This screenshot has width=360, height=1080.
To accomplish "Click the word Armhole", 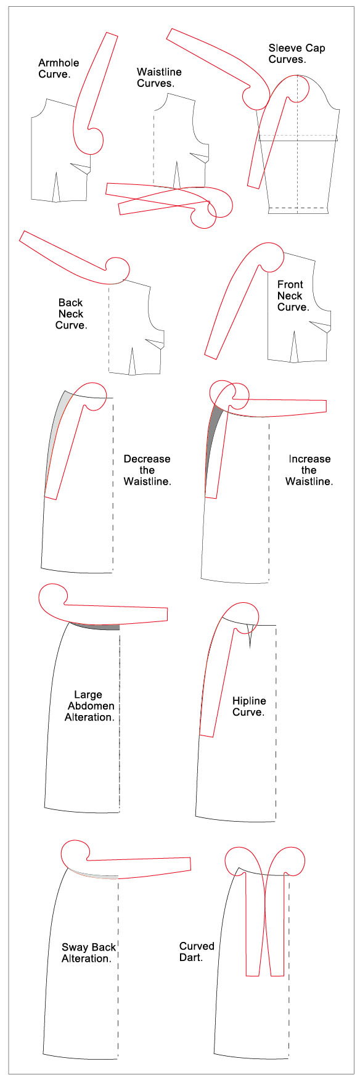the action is (x=59, y=63).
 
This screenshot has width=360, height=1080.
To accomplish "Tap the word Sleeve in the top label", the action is (x=284, y=48).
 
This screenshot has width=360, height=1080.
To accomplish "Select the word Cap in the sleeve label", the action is (x=314, y=49).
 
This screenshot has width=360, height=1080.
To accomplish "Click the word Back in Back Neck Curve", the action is (x=70, y=303).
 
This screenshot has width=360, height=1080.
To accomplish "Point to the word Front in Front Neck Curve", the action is (x=290, y=285).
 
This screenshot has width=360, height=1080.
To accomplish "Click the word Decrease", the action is (x=147, y=459).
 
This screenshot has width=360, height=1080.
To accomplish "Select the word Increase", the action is (x=309, y=459).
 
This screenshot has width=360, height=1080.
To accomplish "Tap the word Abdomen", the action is (x=91, y=706).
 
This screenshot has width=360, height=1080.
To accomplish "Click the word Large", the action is (x=88, y=695).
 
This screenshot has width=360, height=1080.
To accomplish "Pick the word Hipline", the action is (x=249, y=702).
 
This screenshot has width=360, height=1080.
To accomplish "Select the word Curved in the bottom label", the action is (x=197, y=946).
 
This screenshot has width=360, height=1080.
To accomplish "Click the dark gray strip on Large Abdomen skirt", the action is (x=99, y=626).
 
